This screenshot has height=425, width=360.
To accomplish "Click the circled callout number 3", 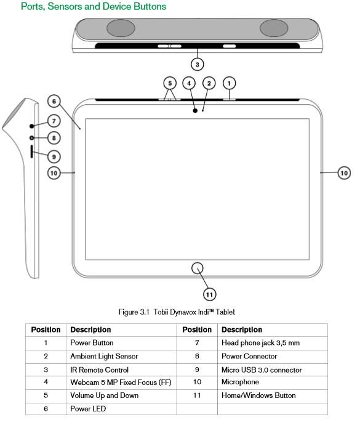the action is pos(197,65).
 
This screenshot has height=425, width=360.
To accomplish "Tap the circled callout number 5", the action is pos(170,83).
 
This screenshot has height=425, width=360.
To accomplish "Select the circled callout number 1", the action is pos(229,83).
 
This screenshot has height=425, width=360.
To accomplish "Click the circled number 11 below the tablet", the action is pos(210,294).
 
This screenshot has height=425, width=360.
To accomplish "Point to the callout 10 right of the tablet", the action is pos(344,173).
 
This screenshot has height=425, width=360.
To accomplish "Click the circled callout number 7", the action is pos(54,121).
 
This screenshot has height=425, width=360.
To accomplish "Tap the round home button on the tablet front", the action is pos(197,268).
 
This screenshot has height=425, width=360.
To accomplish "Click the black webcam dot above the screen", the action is pos(195,111).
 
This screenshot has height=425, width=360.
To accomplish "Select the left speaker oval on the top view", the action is pos(121,28).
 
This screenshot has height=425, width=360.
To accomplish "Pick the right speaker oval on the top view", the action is pos(274,28).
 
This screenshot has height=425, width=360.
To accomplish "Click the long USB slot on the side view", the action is pos(32,152).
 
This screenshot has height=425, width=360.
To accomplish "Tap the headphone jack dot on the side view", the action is pos(32,126).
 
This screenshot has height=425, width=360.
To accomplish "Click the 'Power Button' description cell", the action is pos(121,343).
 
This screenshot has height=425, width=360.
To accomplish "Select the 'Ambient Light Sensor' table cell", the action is pos(121,357).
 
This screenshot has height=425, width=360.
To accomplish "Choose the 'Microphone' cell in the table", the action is pos(273,382).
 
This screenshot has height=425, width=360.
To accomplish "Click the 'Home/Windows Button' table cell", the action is pos(273,396).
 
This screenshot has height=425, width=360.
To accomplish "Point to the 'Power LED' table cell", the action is pos(121,409).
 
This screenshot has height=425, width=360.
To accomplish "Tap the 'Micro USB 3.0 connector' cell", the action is pos(273,370).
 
